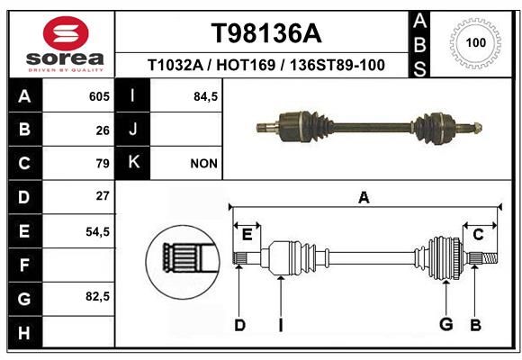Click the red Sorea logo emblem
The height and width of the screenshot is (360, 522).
pyautogui.click(x=66, y=33)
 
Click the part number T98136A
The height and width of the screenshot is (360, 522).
pyautogui.click(x=266, y=33)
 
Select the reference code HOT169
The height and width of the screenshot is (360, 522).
pyautogui.click(x=246, y=65)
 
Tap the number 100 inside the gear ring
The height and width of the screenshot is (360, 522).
pyautogui.click(x=476, y=42)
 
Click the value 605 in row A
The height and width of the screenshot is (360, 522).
pyautogui.click(x=99, y=96)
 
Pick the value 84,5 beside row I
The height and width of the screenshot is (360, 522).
pyautogui.click(x=205, y=97)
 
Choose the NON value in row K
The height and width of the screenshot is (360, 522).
pyautogui.click(x=203, y=164)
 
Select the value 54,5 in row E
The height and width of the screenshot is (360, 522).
pyautogui.click(x=97, y=232)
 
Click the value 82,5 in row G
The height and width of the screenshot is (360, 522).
pyautogui.click(x=97, y=296)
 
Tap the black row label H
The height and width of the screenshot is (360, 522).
pyautogui.click(x=25, y=332)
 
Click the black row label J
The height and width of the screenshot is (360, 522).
pyautogui.click(x=132, y=129)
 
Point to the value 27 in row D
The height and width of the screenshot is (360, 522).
pyautogui.click(x=103, y=196)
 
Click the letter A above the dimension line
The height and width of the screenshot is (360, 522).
pyautogui.click(x=364, y=198)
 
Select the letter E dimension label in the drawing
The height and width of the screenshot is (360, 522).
pyautogui.click(x=247, y=235)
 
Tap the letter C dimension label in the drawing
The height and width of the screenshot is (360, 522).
pyautogui.click(x=478, y=235)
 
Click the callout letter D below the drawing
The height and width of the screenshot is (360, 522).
pyautogui.click(x=239, y=325)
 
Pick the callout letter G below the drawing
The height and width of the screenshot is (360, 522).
pyautogui.click(x=446, y=324)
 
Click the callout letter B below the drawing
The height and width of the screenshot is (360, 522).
pyautogui.click(x=476, y=325)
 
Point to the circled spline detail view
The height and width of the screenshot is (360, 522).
pyautogui.click(x=183, y=262)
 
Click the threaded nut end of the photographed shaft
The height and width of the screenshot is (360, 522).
pyautogui.click(x=476, y=128)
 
